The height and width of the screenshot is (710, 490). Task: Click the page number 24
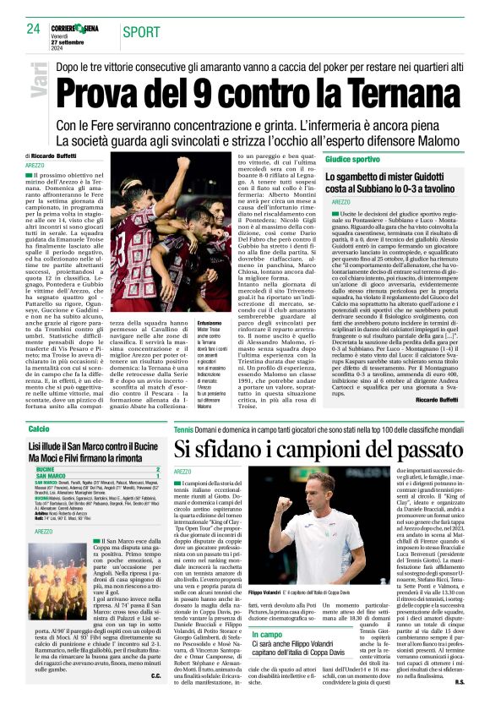pyautogui.click(x=34, y=29)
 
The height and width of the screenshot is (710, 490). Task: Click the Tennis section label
pyautogui.click(x=184, y=430)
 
